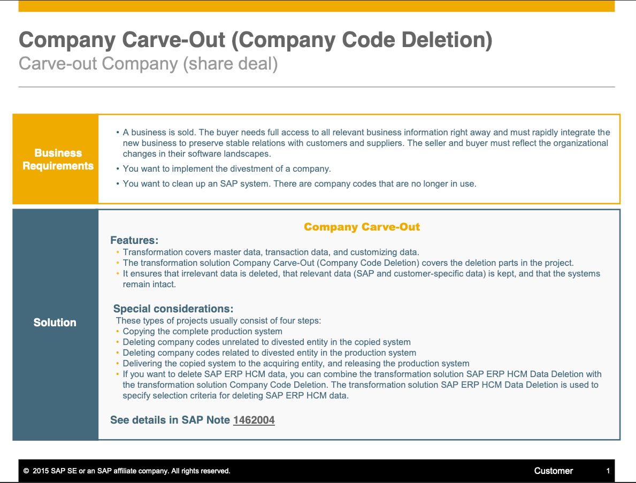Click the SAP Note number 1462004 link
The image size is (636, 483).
click(254, 420)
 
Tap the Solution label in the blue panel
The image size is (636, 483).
click(55, 323)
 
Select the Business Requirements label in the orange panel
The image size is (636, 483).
click(58, 159)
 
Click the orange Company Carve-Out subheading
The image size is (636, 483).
click(362, 227)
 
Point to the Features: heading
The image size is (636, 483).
click(134, 241)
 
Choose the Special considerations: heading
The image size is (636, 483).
click(173, 309)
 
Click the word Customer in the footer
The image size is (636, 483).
click(553, 471)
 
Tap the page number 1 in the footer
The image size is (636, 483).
click(608, 471)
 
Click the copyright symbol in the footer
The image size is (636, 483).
click(26, 471)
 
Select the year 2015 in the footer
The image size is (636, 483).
click(41, 471)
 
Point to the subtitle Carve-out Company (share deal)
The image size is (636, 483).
click(149, 64)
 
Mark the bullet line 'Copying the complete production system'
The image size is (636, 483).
click(202, 331)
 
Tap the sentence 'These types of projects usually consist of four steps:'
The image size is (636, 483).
click(219, 321)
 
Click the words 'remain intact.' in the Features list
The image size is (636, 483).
click(149, 284)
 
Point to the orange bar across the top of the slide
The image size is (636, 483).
click(316, 6)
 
